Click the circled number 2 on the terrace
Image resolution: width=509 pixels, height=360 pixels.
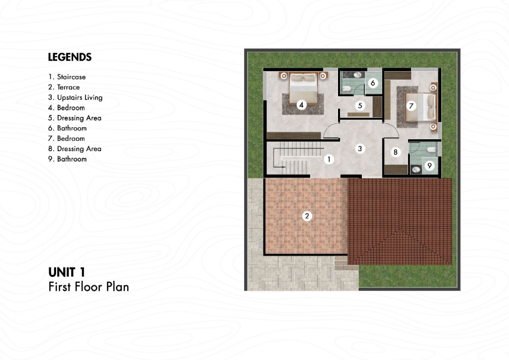[307, 216]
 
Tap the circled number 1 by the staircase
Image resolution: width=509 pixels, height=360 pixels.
[329, 160]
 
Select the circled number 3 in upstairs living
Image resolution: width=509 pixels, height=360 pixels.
[360, 149]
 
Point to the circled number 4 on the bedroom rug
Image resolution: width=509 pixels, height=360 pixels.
[302, 105]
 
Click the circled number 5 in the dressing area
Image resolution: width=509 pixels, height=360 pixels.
[360, 105]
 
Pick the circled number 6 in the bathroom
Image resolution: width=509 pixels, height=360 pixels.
[373, 83]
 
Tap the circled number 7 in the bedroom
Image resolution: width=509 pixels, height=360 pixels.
[411, 106]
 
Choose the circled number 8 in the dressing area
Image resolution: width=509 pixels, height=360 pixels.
[395, 152]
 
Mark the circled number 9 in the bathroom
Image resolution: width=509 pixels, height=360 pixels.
[429, 166]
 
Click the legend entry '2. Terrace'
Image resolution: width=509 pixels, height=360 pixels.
[64, 87]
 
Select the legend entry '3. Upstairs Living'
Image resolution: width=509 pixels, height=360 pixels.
[76, 97]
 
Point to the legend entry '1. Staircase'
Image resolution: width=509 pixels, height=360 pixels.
[67, 77]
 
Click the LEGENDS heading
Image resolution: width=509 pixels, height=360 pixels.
[70, 57]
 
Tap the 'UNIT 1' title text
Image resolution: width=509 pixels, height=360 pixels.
[67, 272]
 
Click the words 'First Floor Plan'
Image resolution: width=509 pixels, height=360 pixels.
[88, 287]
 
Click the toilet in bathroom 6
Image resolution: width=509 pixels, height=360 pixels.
[346, 89]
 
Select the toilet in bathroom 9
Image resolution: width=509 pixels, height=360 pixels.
[431, 150]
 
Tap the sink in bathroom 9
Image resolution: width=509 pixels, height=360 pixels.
[416, 170]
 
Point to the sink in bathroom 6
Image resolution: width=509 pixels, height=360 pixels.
[357, 75]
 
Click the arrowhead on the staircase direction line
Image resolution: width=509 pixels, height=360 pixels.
[284, 167]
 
